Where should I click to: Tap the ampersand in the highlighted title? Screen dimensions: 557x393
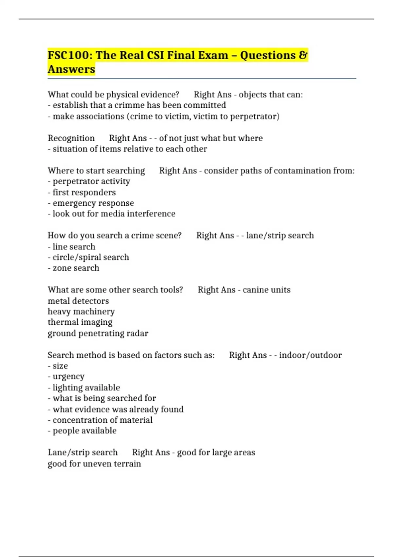[x=303, y=55]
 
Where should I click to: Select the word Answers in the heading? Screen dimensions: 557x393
[x=71, y=69]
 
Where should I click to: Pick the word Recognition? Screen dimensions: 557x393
[x=71, y=138]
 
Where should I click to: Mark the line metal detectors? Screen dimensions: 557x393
[x=78, y=301]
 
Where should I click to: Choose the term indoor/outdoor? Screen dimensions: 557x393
[x=310, y=355]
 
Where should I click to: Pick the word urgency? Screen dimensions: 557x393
[x=68, y=377]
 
